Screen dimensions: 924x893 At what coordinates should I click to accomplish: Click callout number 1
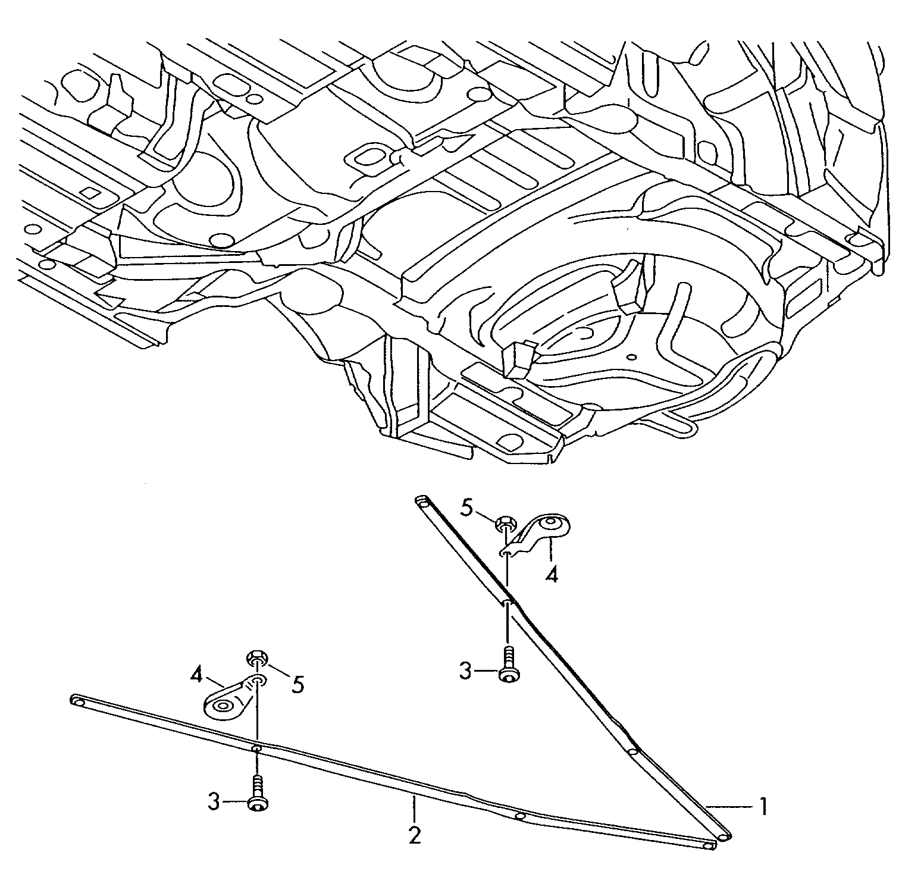tap(762, 807)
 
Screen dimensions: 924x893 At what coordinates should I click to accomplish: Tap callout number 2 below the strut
tap(415, 835)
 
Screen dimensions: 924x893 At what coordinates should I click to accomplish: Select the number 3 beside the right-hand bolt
tap(465, 672)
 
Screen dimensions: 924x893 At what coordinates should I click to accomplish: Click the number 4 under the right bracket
tap(552, 575)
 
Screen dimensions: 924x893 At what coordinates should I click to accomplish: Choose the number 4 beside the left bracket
tap(199, 676)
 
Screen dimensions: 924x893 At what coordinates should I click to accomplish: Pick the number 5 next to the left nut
tap(297, 684)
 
